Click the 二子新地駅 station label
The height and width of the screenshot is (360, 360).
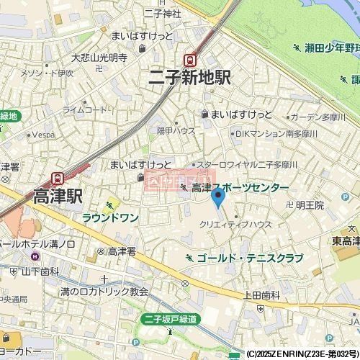tap(190, 78)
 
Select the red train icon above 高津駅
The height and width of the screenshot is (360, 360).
tap(58, 177)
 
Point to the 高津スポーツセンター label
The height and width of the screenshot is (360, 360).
tap(240, 187)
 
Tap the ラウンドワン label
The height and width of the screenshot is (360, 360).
tap(111, 217)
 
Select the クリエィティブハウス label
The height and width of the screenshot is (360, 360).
tap(235, 224)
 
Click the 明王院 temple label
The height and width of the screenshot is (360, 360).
tap(310, 205)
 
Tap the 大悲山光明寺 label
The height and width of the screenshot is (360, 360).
tap(99, 57)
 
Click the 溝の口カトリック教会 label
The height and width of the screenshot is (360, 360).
tap(104, 292)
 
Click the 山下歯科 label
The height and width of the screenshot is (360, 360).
tap(40, 271)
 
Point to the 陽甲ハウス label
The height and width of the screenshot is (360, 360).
tap(176, 130)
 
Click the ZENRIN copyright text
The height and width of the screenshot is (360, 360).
tap(302, 355)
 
